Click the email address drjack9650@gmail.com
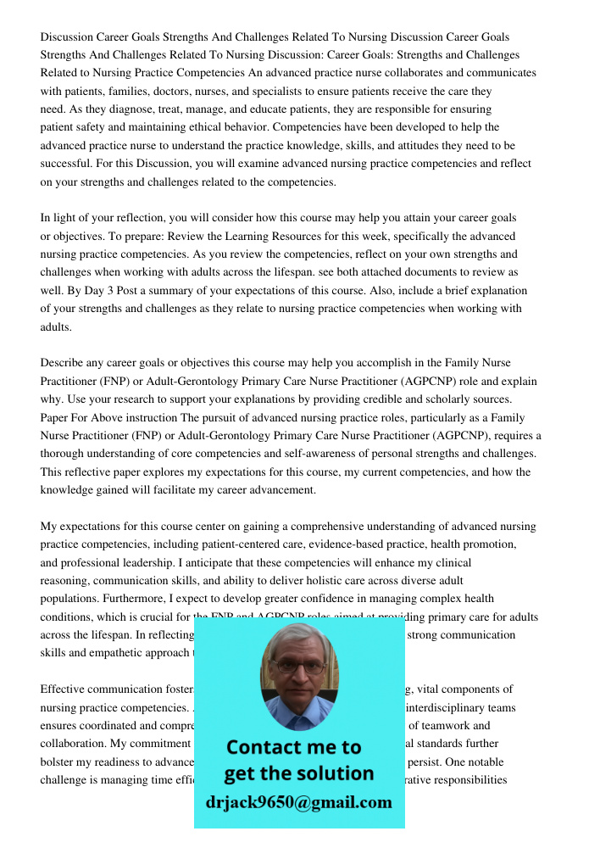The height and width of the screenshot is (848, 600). [298, 802]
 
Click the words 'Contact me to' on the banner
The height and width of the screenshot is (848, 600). [293, 747]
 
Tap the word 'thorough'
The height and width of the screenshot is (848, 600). [64, 454]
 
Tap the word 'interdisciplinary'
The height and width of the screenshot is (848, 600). [450, 707]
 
